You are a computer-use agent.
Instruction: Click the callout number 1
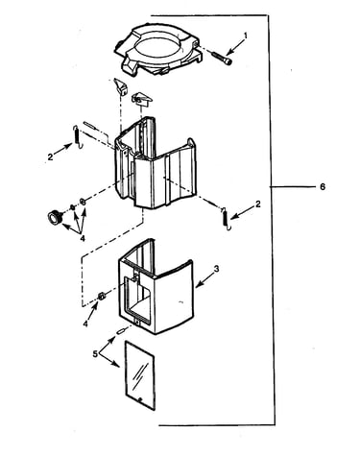(246, 36)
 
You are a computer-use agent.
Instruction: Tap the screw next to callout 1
(222, 59)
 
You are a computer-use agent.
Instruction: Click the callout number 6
(323, 186)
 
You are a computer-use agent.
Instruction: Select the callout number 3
(216, 269)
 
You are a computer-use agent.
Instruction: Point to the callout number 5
(95, 354)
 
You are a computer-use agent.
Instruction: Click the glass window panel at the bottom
(140, 375)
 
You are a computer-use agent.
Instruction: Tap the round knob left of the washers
(54, 217)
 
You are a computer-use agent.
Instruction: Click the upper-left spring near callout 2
(77, 136)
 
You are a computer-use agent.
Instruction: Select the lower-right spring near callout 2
(226, 219)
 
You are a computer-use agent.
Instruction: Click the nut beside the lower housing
(102, 296)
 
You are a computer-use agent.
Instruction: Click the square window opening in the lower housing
(138, 296)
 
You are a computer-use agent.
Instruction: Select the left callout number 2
(50, 157)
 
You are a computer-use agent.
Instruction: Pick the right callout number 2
(258, 204)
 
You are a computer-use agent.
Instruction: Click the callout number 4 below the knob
(83, 239)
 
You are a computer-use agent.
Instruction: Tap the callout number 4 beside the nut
(85, 324)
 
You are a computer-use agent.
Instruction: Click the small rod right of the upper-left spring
(90, 125)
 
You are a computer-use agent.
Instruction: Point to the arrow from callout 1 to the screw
(235, 46)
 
